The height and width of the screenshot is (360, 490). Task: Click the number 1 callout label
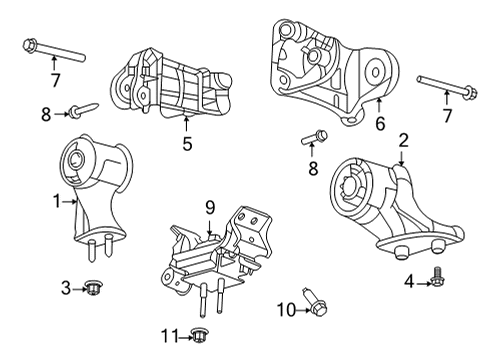[57, 201]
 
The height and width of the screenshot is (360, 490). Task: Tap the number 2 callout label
[403, 140]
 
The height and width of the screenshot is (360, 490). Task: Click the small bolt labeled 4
[438, 282]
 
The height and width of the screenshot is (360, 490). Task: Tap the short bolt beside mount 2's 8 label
[314, 137]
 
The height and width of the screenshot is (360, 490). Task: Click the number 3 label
[65, 289]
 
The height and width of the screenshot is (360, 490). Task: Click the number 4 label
[407, 281]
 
